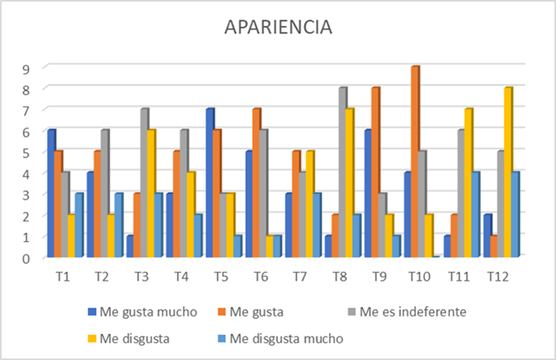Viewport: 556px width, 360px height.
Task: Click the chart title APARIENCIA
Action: pos(278,27)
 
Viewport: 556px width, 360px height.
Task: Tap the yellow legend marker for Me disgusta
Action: pos(92,338)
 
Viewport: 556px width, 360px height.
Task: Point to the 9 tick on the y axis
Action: pos(27,68)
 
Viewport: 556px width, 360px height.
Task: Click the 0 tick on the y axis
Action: pos(27,257)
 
